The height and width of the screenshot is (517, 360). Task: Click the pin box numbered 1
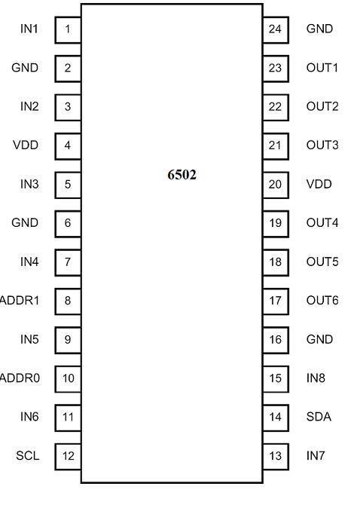pos(68,30)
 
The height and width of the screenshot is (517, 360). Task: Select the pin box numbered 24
pos(276,30)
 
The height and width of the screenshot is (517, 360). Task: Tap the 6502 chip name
pos(182,175)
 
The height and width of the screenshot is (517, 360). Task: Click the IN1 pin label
pos(29,29)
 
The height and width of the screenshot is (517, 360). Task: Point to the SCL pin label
pos(28,456)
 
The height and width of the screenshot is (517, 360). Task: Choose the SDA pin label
pos(319,417)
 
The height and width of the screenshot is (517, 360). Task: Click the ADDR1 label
pos(20,301)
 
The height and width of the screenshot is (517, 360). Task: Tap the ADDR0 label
pos(20,378)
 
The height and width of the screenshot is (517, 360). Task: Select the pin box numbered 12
pos(68,457)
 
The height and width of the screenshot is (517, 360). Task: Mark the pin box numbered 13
pos(276,457)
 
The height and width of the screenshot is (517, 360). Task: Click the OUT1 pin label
pos(322,68)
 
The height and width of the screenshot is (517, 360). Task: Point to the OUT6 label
pos(322,301)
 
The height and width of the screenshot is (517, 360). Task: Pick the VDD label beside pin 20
pos(319,184)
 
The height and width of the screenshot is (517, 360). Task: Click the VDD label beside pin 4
pos(26,145)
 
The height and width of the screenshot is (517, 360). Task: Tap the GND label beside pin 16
pos(319,339)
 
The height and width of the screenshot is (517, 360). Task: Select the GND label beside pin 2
pos(25,68)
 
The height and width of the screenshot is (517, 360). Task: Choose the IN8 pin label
pos(316,378)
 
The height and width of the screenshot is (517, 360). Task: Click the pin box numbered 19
pos(276,224)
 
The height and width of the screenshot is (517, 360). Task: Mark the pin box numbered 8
pos(68,301)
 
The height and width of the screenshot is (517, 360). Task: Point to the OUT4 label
pos(322,223)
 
